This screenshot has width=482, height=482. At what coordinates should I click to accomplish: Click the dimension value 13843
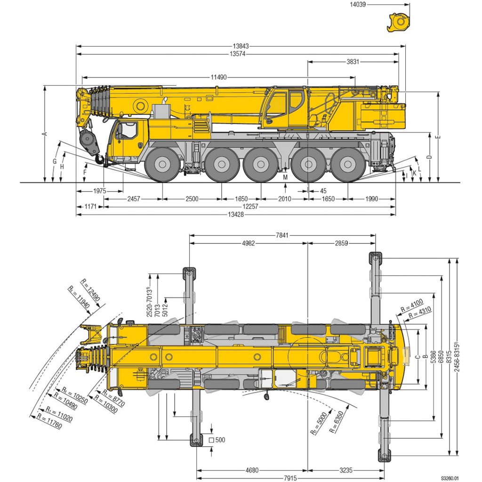tap(241, 46)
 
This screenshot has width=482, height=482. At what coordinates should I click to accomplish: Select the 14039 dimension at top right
tap(358, 4)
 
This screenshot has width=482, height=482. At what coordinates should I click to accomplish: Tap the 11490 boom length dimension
tap(218, 77)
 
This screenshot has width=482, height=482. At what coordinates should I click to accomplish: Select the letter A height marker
tap(45, 134)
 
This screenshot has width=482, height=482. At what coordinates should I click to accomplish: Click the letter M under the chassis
tap(285, 177)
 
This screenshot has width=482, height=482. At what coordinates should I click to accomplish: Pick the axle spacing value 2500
tap(192, 199)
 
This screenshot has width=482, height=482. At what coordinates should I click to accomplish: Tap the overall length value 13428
tap(235, 215)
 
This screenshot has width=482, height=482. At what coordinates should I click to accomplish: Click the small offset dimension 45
tap(323, 191)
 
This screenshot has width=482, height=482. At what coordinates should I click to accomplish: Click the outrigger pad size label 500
tap(220, 440)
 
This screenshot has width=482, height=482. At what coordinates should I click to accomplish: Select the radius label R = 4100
tap(412, 304)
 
